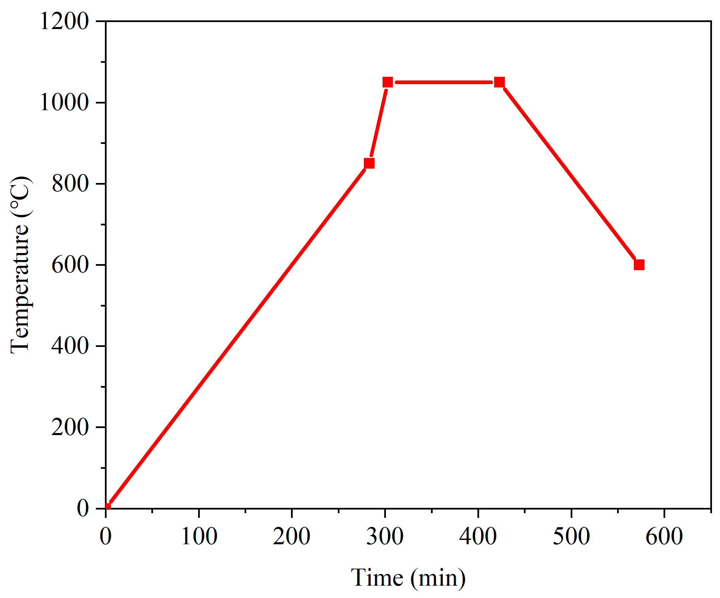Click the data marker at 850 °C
click(x=369, y=163)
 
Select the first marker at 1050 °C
click(x=388, y=82)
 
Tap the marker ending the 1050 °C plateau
click(x=499, y=82)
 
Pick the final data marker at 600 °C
click(x=639, y=265)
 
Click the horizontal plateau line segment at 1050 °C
click(x=443, y=82)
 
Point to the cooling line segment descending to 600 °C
click(x=569, y=174)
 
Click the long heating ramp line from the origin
click(x=237, y=338)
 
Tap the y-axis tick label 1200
click(x=64, y=21)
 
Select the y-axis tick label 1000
click(x=64, y=102)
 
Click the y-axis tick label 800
click(x=70, y=183)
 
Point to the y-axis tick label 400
click(x=70, y=346)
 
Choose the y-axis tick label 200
click(x=70, y=427)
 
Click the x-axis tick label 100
click(x=199, y=536)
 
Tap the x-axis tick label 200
click(x=292, y=536)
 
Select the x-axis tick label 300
click(x=385, y=536)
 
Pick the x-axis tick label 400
click(x=478, y=536)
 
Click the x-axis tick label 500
click(x=571, y=536)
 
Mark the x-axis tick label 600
click(x=664, y=536)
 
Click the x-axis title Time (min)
click(x=408, y=578)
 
